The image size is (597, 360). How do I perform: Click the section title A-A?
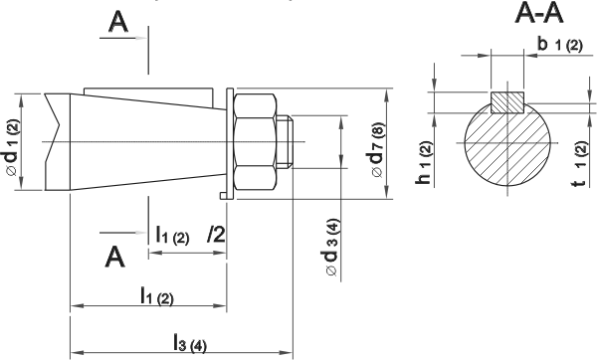pos(538,15)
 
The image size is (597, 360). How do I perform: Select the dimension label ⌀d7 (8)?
pos(378,150)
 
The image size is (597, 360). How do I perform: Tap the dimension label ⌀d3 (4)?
pos(332,248)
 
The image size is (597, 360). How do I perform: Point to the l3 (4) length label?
pos(190,342)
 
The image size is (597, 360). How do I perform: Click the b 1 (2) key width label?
pos(559,44)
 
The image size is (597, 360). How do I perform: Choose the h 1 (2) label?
pos(424,163)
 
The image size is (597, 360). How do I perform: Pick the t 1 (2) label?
pos(581,164)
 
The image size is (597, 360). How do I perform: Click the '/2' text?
pos(216,234)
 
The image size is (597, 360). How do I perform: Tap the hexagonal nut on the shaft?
pos(255,142)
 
